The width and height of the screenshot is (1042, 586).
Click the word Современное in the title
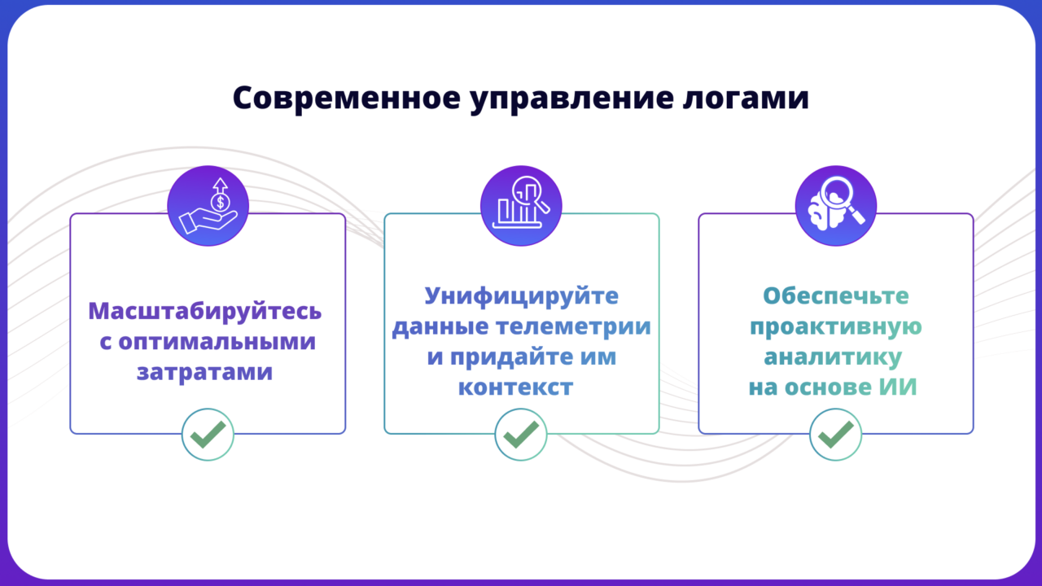tap(347, 98)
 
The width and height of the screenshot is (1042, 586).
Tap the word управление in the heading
tap(571, 99)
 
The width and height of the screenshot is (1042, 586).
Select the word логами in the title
tap(746, 99)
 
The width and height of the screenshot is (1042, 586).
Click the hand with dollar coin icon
tap(208, 206)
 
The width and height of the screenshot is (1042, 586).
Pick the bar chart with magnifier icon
tap(521, 206)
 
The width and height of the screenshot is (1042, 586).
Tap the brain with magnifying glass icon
tap(836, 206)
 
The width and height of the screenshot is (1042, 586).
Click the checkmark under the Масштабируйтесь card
tap(208, 435)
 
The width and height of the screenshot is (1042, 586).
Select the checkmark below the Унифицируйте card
tap(521, 435)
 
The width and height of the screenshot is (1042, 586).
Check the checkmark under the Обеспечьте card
tap(836, 435)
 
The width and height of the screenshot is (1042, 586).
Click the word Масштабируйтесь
tap(204, 312)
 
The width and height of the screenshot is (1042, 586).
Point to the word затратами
tap(204, 373)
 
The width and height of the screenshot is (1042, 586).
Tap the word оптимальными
tap(217, 343)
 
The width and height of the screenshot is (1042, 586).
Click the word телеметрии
tap(573, 326)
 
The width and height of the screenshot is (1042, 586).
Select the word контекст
tap(516, 387)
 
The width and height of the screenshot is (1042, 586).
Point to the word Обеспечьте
tap(836, 295)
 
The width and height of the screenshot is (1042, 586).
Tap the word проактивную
tap(836, 327)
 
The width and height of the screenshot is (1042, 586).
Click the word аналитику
tap(833, 357)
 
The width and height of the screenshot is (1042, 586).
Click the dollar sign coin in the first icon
tap(220, 203)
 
